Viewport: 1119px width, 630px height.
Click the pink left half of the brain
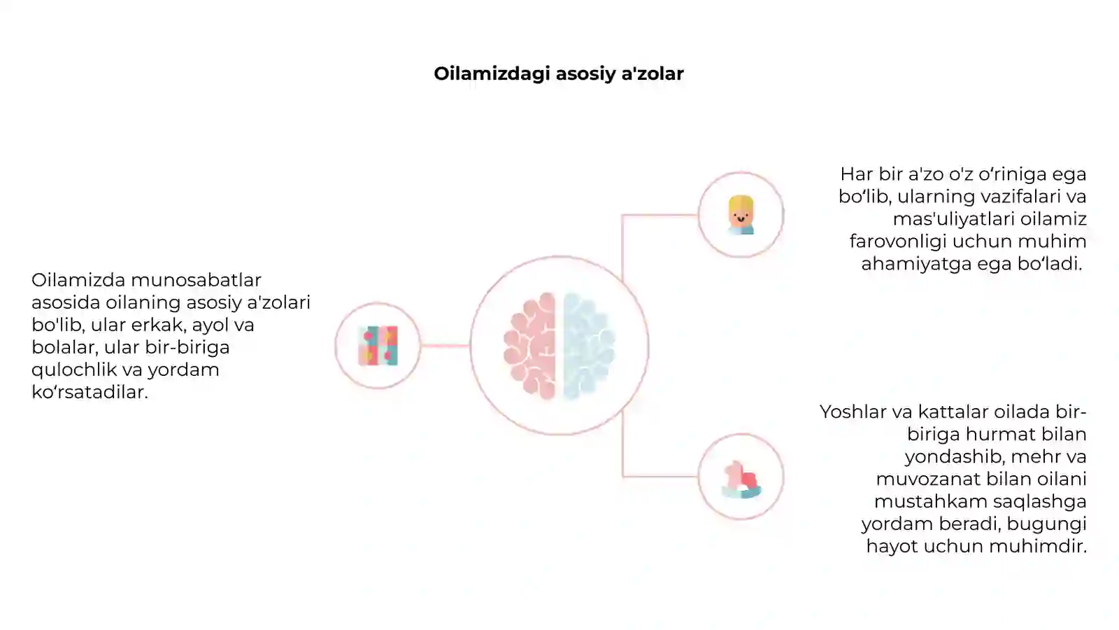point(529,346)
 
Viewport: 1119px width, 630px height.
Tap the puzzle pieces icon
point(378,346)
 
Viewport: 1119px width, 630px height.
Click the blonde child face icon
point(741,215)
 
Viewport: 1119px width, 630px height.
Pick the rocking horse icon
point(741,479)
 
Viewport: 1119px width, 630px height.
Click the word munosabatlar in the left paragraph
point(196,280)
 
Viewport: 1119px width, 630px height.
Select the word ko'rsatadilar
point(90,392)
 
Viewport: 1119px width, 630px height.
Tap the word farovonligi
point(898,242)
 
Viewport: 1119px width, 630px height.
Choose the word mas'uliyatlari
point(954,219)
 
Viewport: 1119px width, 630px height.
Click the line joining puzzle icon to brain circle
point(445,346)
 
